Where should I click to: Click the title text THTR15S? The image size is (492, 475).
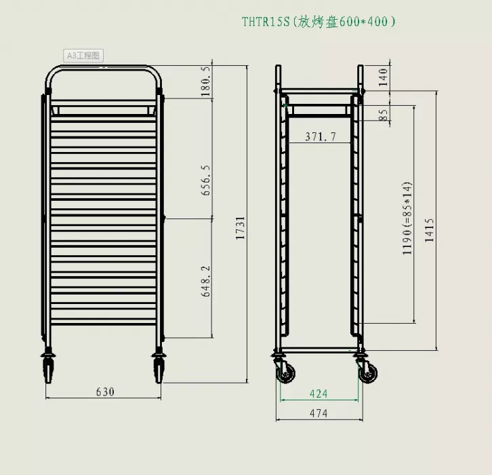[x=266, y=22]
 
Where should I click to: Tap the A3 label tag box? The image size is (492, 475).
[x=83, y=56]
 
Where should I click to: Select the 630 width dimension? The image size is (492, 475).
[x=105, y=392]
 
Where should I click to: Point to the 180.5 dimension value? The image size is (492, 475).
[x=207, y=82]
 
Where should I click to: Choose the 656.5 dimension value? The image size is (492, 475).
[x=207, y=180]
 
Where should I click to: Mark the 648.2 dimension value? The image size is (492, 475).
[x=207, y=280]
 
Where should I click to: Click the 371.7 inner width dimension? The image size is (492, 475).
[x=320, y=137]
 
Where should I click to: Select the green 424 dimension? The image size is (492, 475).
[x=319, y=394]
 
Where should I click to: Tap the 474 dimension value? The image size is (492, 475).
[x=319, y=413]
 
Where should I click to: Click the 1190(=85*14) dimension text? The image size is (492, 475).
[x=407, y=218]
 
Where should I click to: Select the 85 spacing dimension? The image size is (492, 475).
[x=384, y=115]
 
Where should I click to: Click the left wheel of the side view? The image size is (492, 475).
[x=285, y=373]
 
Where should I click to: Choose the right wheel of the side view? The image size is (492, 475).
[x=368, y=373]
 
